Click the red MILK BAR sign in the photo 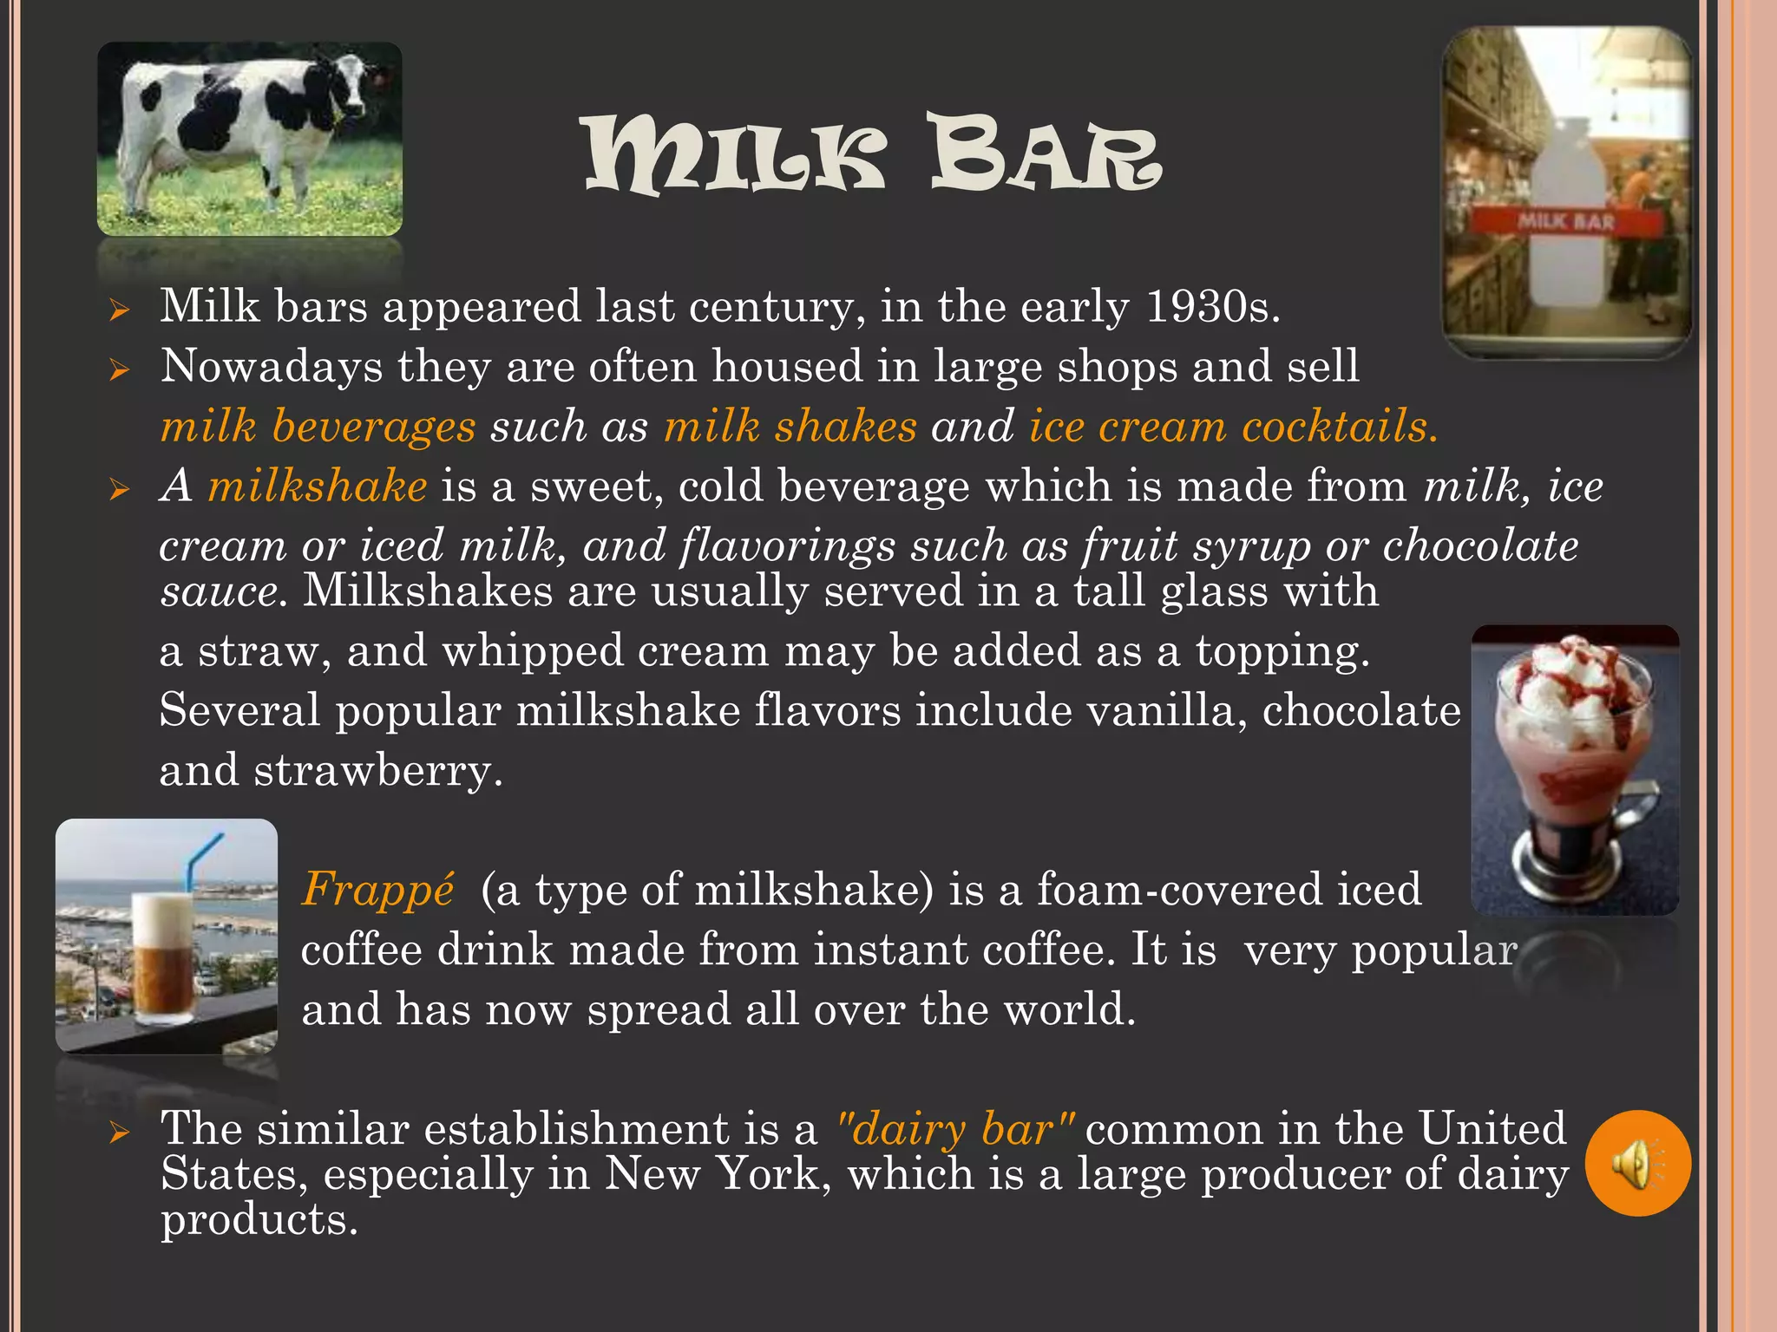1566,221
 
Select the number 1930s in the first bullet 1212,307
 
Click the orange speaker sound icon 1637,1163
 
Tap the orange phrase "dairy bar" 954,1129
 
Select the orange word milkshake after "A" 318,486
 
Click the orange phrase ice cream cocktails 1232,427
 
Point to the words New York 712,1174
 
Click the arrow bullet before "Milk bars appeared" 120,310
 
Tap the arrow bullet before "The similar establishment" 120,1132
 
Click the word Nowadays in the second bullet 272,366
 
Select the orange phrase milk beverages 318,427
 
